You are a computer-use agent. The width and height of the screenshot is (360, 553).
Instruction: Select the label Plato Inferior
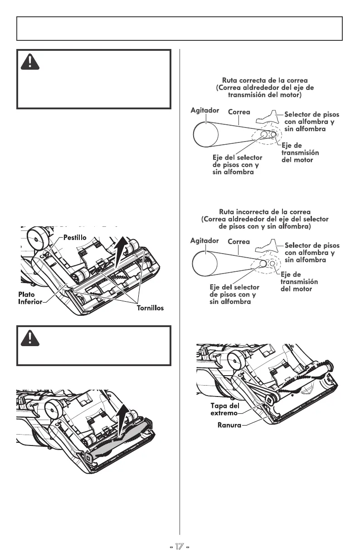click(x=30, y=298)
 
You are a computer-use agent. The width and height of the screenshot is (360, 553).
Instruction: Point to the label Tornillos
click(x=150, y=308)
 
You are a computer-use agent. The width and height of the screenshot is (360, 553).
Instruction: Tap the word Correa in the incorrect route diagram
click(x=238, y=242)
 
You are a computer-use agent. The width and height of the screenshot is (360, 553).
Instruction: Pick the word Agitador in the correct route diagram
click(x=205, y=110)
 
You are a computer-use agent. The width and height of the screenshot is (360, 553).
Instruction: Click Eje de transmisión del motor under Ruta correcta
click(x=300, y=153)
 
